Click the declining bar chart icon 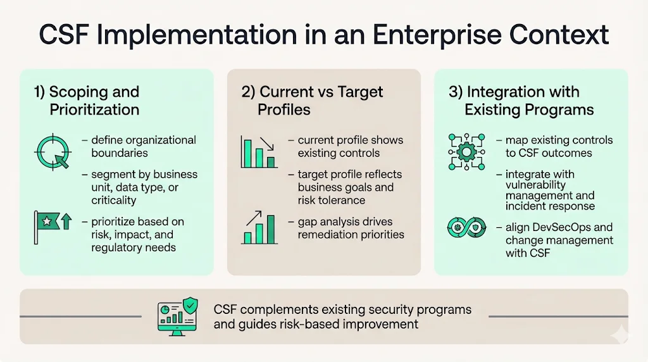click(258, 152)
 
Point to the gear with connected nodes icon click(466, 152)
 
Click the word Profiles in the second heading click(283, 109)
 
